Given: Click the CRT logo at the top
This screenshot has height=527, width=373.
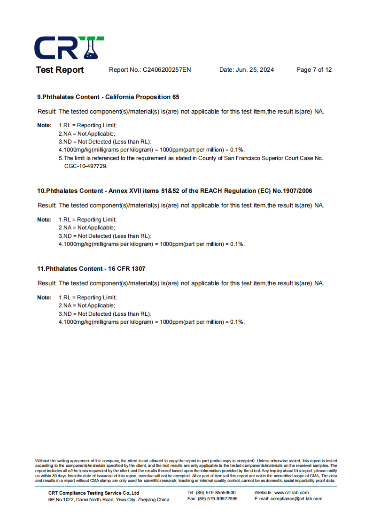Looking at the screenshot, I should tap(69, 48).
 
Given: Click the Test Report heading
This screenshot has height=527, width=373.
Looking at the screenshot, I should tap(60, 70).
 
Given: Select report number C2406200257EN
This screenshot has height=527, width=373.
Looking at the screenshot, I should tap(167, 70).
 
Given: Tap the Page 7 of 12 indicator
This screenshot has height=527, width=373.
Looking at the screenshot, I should tap(314, 70).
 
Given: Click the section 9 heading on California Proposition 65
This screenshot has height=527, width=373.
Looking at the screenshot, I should tap(108, 97).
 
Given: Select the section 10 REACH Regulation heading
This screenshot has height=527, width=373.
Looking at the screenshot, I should tap(174, 191).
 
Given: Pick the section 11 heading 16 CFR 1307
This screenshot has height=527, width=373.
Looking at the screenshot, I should tap(91, 269).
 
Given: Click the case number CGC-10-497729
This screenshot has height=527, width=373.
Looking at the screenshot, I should tap(85, 166).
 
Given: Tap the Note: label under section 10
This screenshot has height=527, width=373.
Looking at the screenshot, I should tap(44, 220).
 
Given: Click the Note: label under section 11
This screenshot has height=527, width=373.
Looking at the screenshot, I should tap(44, 298).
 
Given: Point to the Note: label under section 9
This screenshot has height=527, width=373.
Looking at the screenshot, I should tap(44, 125).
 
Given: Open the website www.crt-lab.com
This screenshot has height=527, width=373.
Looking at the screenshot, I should tap(291, 493).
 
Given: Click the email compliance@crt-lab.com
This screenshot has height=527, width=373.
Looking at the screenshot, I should tap(296, 499).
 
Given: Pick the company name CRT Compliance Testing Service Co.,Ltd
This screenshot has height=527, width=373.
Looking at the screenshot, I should tap(93, 493).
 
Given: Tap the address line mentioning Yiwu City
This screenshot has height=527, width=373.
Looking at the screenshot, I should tap(109, 500).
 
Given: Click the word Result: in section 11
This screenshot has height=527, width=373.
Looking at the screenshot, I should tap(47, 283).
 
